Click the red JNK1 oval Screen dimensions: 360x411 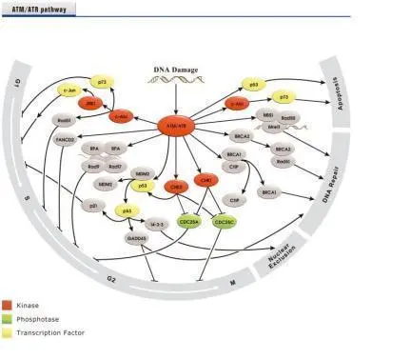click(x=91, y=103)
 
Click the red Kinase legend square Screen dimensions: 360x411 click(x=9, y=305)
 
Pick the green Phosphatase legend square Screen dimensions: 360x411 click(x=9, y=319)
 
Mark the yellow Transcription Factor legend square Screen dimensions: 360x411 click(x=9, y=333)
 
